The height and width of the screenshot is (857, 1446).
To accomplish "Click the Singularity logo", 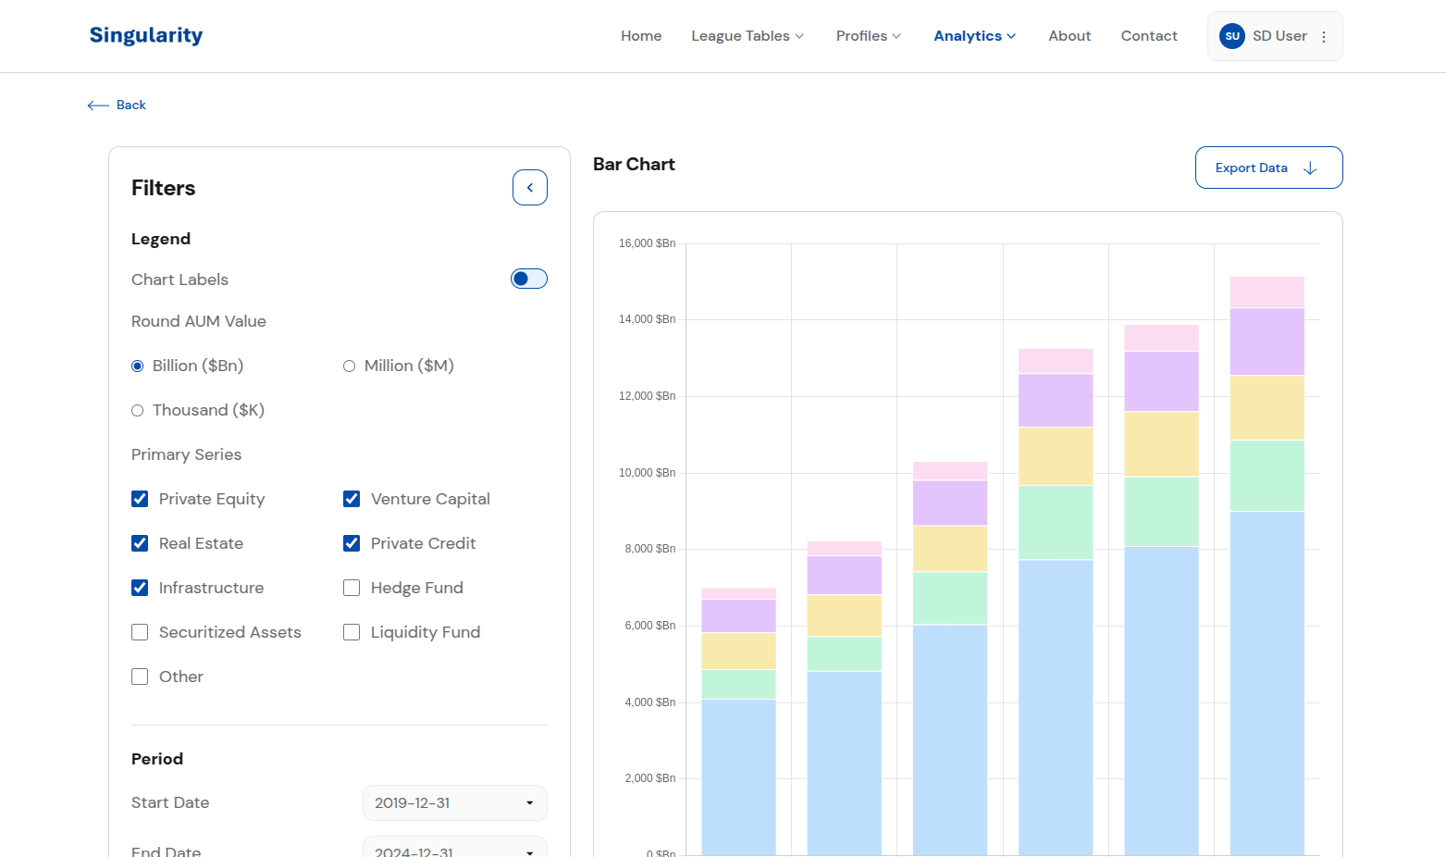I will [146, 35].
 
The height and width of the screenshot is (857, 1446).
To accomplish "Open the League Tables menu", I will [748, 36].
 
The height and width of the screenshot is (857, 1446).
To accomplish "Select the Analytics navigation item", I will [974, 36].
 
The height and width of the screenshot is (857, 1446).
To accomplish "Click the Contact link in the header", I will [1148, 36].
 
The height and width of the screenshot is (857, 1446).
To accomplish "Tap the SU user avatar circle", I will [1231, 36].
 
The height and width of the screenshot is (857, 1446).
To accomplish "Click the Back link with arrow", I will [117, 106].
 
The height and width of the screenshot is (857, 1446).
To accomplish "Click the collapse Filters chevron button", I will [530, 188].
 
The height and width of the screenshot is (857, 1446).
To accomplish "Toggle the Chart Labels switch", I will [529, 279].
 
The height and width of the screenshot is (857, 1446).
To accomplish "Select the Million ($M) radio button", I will [350, 366].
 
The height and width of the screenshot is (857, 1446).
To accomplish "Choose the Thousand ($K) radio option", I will [138, 411].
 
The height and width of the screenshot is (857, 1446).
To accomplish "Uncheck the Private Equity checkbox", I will [140, 499].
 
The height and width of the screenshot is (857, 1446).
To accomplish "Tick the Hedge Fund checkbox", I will [352, 588].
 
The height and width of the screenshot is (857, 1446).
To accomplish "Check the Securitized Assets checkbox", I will [140, 632].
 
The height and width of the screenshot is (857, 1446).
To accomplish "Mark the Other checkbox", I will [140, 677].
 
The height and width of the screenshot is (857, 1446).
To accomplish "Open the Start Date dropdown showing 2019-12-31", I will [454, 802].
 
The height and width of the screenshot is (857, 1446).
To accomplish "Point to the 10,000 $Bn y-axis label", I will [647, 473].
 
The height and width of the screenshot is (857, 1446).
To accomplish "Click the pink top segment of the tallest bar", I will [1267, 292].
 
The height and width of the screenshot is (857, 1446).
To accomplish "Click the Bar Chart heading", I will [634, 165].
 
